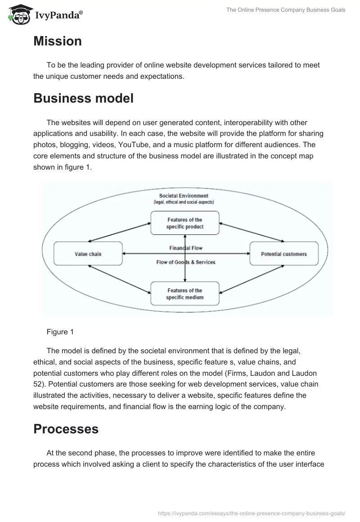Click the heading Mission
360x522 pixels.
pos(58,41)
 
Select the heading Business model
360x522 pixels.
pos(83,98)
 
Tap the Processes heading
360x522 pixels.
pos(66,429)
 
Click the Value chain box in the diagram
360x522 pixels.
pos(88,254)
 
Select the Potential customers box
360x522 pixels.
pos(283,254)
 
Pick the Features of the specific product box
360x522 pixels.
pos(185,223)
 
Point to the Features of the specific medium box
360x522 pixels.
pos(185,294)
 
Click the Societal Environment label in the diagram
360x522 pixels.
pos(184,196)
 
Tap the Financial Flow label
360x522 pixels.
pos(185,248)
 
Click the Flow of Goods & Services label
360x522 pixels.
pos(185,262)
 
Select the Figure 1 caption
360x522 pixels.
pos(60,332)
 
